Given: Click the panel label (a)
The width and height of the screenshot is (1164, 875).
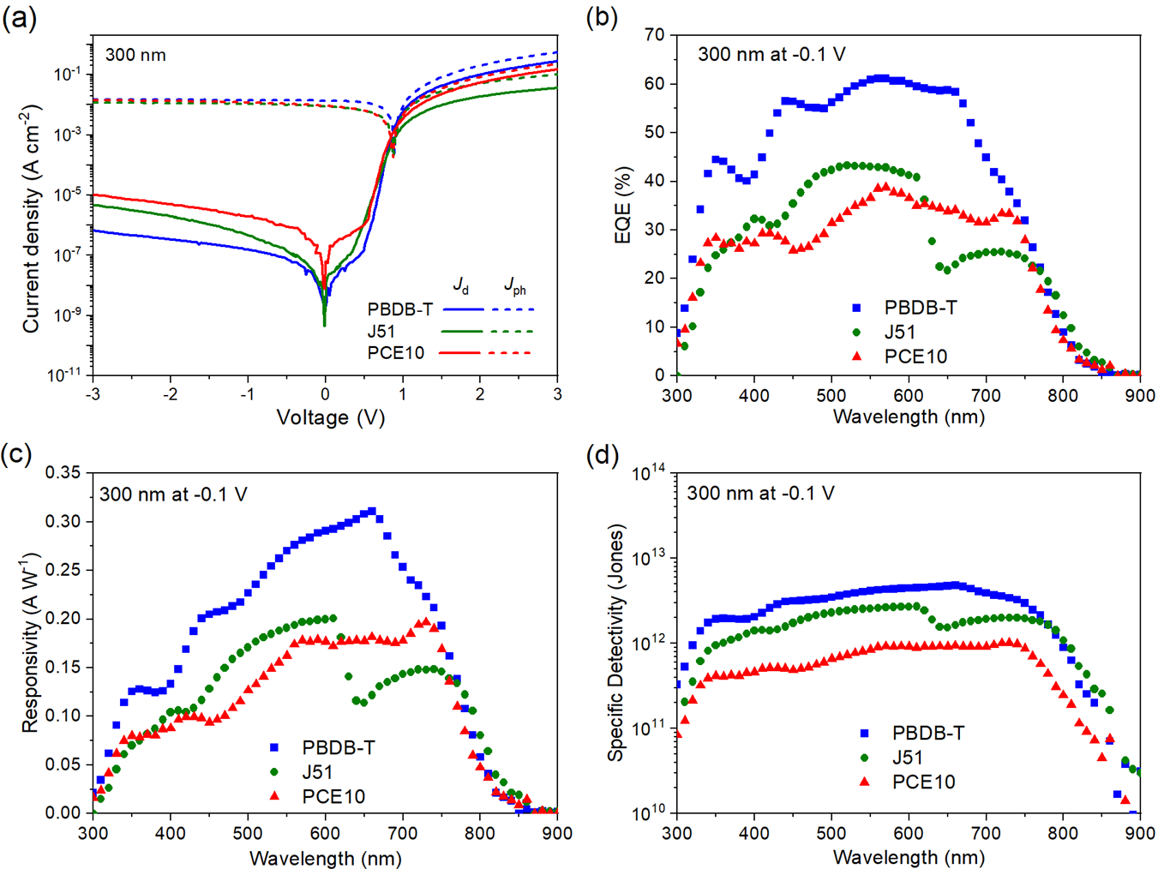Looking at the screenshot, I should pos(19,17).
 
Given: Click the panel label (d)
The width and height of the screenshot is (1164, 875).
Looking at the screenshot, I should pos(602,455).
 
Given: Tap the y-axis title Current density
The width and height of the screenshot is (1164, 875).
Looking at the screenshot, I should pos(31,219).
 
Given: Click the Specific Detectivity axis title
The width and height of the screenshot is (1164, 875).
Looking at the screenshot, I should pos(615,642).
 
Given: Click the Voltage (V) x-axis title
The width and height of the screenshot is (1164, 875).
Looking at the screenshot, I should pos(330,417).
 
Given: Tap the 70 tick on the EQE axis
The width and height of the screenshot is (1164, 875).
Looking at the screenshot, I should pos(655,35).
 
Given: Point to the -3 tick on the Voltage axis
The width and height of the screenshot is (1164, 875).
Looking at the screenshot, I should pos(93,394).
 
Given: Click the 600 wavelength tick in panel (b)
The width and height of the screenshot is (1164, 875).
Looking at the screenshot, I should pos(909,395).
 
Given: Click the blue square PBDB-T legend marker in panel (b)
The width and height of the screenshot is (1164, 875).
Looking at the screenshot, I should pos(856,308).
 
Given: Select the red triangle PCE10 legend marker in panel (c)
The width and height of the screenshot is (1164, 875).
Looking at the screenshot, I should pos(274,796).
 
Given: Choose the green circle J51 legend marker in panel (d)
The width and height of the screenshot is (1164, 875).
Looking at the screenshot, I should pos(864,758).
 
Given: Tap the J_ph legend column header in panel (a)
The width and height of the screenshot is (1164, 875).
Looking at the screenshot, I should pos(514,285).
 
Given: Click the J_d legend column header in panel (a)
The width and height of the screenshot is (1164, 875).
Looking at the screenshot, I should pos(461,285).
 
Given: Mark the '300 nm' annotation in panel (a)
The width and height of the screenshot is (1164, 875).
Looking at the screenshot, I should pos(135,55).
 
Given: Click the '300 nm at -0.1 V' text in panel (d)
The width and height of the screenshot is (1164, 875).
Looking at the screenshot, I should pos(760,494).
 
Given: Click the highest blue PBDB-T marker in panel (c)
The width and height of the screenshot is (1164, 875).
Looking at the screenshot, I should pos(371,512).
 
